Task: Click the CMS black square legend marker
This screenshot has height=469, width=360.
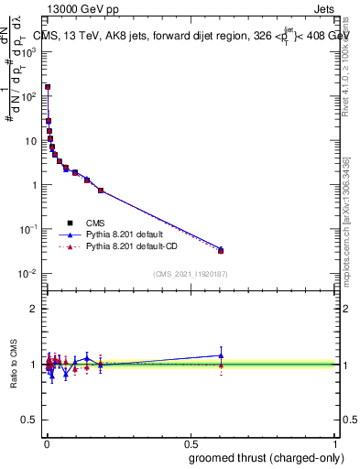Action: pos(70,222)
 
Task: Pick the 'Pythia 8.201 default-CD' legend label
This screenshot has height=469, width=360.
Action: pos(134,246)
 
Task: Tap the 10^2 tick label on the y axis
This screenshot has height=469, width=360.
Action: pos(31,95)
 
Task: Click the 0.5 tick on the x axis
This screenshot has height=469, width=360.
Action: pos(191,440)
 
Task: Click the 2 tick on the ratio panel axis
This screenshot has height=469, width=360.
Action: pos(34,309)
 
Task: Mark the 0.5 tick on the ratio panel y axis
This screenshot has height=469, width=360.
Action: pos(30,421)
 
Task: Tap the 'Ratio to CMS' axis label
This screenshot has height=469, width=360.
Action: pos(12,365)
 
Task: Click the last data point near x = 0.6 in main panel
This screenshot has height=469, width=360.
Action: pos(221,250)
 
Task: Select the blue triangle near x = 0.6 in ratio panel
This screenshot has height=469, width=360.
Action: pos(221,355)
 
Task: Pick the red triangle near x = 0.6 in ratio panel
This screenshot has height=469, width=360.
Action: pos(221,365)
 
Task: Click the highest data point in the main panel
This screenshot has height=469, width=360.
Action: pos(48,87)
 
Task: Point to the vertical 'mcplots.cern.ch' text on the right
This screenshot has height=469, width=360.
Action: pos(352,220)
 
